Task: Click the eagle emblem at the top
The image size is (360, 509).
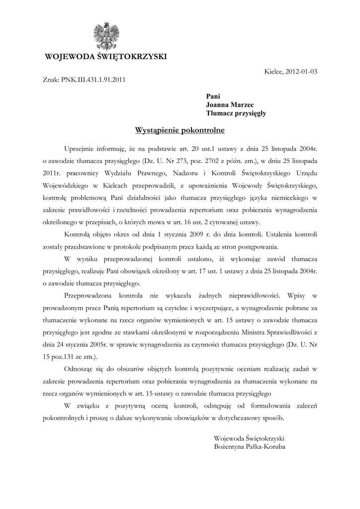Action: pos(105,35)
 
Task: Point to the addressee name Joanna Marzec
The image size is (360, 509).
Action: pos(230,104)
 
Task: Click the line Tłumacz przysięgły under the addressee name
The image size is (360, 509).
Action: pos(236,113)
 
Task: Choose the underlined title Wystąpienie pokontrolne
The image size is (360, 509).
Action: pos(180,131)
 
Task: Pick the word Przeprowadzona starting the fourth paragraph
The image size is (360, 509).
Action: pos(91,295)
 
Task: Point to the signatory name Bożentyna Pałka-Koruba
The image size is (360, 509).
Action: pos(250,446)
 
